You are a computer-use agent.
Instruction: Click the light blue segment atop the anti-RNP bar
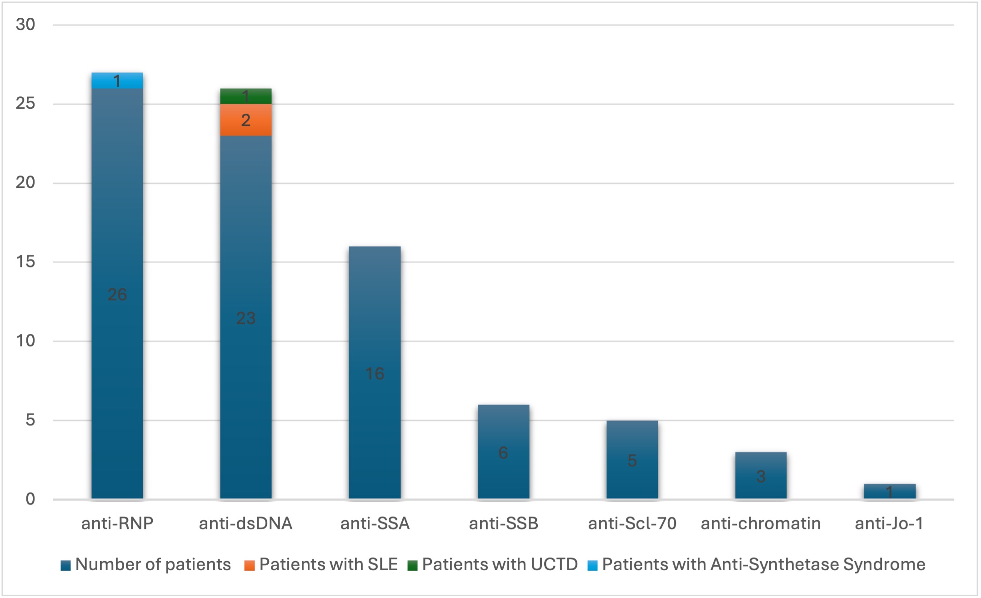pos(117,80)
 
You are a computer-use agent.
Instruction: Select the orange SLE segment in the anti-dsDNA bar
pos(245,120)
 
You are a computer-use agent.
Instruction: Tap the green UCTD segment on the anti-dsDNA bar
pos(245,96)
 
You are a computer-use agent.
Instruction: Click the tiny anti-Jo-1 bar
pos(889,491)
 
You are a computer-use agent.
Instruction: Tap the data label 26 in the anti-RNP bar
pos(117,294)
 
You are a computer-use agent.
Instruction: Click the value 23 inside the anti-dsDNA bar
pos(245,318)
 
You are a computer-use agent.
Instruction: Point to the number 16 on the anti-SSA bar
pos(375,374)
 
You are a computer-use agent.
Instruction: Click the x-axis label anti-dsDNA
pos(245,523)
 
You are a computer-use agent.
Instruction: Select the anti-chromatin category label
pos(761,523)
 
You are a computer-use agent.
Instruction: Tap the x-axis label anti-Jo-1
pos(889,523)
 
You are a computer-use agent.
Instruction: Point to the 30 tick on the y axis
pos(25,25)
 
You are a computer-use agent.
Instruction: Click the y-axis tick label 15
pos(25,261)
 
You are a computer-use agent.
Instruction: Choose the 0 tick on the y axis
pos(30,499)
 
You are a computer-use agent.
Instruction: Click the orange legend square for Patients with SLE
pos(249,565)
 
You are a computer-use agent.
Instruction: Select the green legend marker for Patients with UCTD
pos(412,565)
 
